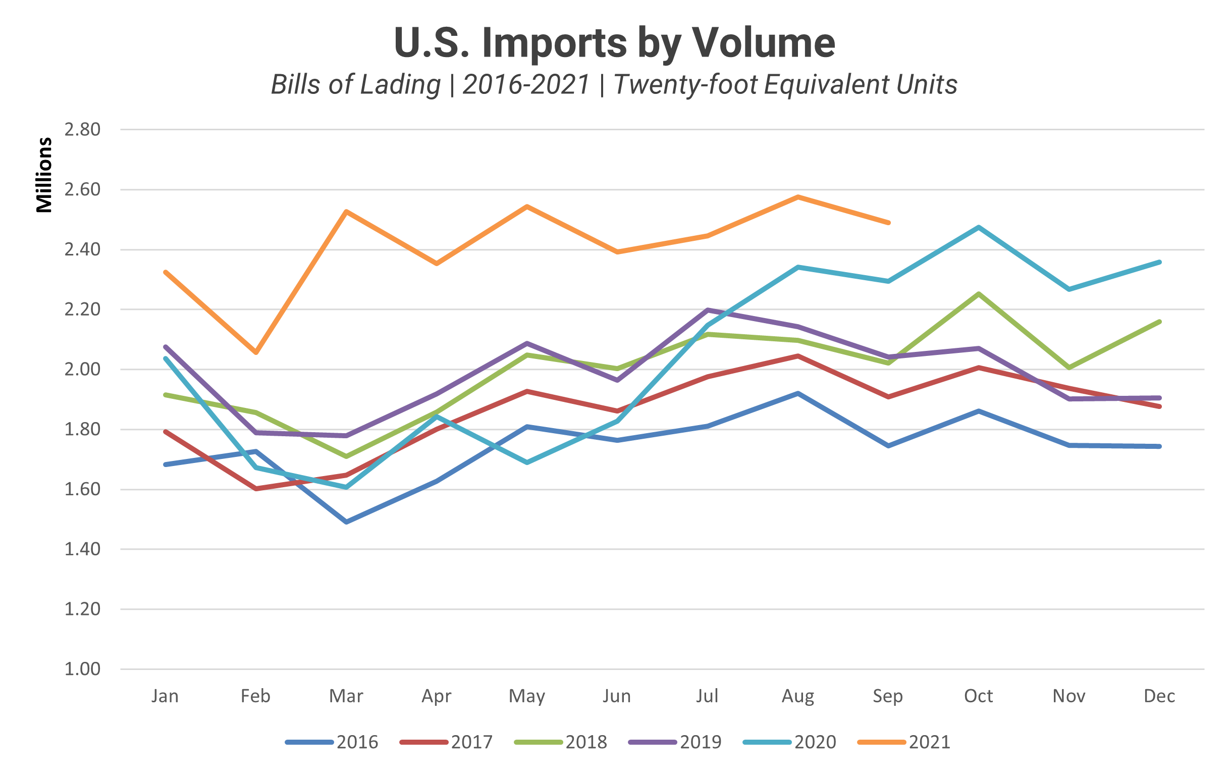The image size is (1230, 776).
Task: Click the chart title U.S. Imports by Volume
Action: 614,42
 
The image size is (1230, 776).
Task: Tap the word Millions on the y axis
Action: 44,175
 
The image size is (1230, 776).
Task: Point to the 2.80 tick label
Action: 82,130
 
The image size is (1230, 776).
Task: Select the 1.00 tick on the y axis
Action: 82,669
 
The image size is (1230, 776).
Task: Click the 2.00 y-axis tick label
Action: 82,369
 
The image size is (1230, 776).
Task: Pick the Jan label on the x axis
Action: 165,696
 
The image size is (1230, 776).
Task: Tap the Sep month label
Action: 888,696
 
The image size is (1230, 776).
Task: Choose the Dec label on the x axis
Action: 1159,696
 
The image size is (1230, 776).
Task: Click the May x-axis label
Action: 526,696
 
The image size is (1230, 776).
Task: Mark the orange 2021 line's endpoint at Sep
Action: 889,223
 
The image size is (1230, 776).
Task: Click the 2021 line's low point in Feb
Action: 256,352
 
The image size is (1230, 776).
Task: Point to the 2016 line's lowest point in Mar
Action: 346,522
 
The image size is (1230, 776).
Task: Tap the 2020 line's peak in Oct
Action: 979,227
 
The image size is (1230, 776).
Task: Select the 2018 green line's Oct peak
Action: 979,294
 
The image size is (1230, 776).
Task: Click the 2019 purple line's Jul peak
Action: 708,309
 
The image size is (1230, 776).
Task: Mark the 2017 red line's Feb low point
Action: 256,489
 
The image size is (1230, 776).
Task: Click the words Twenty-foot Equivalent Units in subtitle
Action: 785,85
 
